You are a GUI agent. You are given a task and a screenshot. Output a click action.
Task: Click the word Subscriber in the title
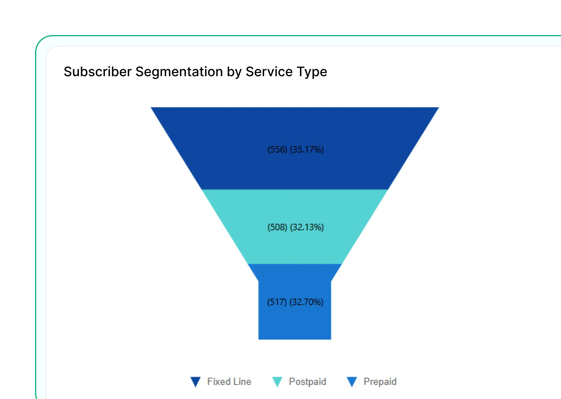pos(98,72)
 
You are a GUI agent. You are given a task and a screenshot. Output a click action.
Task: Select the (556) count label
pos(277,150)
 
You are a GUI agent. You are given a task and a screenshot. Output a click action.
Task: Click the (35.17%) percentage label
pos(307,150)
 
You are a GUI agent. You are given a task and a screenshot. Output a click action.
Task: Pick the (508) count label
pos(277,227)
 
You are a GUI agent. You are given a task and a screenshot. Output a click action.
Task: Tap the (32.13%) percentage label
pos(307,227)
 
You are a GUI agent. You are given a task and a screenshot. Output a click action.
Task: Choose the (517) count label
pos(277,302)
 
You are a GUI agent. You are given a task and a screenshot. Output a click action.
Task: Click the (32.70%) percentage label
pos(307,302)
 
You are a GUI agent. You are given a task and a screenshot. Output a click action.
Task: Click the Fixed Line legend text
pos(229,381)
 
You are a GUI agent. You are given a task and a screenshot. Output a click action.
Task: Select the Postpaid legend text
pos(307,381)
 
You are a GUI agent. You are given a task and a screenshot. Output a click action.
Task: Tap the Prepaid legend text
pos(380,381)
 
